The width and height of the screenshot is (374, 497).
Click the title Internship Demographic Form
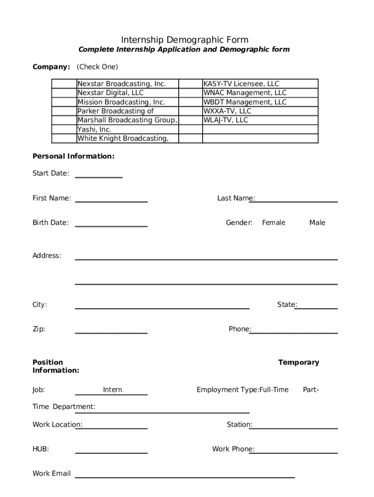click(x=185, y=40)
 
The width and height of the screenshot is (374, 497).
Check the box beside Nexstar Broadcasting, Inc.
click(x=64, y=83)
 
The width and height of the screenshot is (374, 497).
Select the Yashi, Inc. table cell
click(x=127, y=130)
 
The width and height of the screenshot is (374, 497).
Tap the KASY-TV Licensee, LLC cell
click(x=260, y=83)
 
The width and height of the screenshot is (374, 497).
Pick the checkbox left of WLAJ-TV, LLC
click(x=190, y=120)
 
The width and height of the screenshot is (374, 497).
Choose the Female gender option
click(x=273, y=223)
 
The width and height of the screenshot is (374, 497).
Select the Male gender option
click(x=317, y=223)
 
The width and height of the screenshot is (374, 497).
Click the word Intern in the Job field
click(x=113, y=390)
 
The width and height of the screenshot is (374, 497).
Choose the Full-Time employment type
click(x=274, y=390)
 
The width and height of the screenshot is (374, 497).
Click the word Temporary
click(x=298, y=363)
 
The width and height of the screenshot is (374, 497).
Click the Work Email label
click(x=51, y=474)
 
